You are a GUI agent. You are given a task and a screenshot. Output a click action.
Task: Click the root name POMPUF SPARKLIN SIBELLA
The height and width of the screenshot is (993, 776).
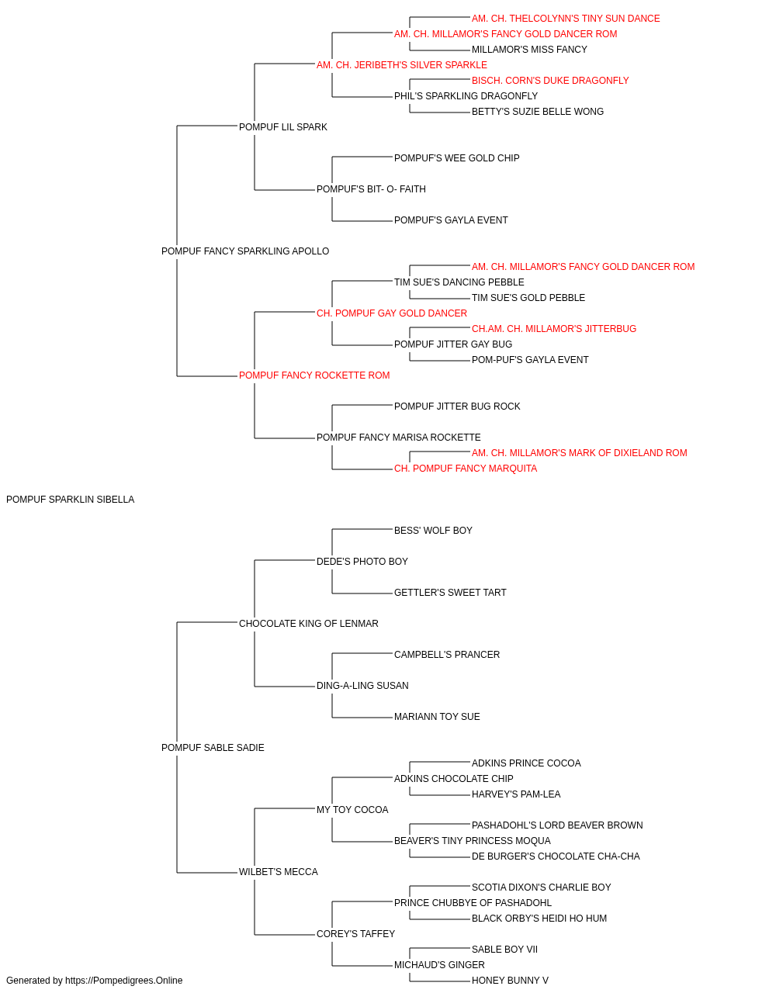(71, 500)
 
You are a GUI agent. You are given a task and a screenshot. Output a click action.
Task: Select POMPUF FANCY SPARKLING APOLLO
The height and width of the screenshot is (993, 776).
(245, 251)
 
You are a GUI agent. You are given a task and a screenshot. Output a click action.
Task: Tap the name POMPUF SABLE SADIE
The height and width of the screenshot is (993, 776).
(213, 748)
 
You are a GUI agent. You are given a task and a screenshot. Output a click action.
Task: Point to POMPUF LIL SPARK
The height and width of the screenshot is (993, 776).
(283, 127)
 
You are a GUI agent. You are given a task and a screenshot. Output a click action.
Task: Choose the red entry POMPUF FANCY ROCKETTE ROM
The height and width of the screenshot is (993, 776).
(314, 375)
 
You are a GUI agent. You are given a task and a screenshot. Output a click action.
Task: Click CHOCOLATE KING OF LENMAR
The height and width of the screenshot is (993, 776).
(309, 624)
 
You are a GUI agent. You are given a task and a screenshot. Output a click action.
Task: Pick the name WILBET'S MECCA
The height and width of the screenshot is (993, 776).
(279, 872)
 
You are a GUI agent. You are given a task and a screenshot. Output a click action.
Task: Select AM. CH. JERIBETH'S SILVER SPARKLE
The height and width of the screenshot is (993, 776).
(402, 65)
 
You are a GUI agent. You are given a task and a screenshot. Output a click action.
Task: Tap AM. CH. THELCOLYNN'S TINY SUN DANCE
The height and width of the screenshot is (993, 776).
(566, 19)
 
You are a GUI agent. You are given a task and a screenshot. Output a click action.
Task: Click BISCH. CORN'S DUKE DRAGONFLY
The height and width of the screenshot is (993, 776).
(550, 81)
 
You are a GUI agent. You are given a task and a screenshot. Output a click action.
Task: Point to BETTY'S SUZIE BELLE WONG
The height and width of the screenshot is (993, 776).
(538, 112)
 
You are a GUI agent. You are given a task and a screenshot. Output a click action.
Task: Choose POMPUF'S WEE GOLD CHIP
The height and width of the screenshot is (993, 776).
(456, 158)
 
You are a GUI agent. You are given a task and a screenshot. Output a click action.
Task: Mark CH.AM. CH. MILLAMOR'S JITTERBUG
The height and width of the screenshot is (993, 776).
(554, 329)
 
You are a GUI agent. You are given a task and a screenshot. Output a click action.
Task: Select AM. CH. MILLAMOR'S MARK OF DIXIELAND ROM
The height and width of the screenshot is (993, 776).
(580, 453)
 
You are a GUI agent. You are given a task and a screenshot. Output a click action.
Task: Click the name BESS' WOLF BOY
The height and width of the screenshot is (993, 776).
(433, 531)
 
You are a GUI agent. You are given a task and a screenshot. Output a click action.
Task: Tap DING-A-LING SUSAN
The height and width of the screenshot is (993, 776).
(362, 686)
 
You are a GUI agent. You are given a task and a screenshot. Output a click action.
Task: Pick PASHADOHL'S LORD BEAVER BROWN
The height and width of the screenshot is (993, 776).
(557, 825)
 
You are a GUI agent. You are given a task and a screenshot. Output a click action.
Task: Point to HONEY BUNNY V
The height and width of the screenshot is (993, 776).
(510, 981)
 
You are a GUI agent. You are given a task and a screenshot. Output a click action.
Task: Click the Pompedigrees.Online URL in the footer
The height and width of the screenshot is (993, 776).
(124, 981)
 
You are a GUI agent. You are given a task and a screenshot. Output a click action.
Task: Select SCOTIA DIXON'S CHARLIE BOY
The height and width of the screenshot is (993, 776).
(541, 887)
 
